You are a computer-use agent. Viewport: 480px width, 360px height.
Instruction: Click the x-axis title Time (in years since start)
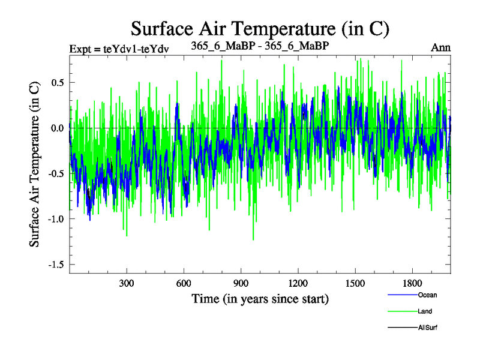click(260, 298)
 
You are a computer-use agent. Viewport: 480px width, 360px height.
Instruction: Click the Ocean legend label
click(427, 295)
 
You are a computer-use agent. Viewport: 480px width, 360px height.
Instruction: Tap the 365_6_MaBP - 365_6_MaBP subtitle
click(259, 46)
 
